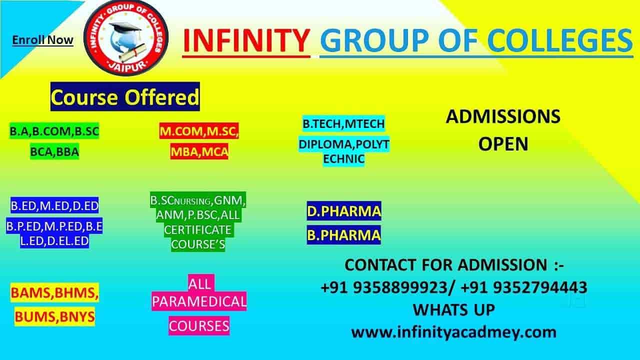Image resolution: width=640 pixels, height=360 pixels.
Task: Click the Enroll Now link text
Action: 42,40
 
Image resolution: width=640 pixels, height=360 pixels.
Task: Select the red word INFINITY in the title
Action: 246,40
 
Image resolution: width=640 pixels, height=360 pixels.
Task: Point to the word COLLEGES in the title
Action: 559,40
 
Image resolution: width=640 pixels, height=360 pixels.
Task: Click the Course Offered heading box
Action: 125,96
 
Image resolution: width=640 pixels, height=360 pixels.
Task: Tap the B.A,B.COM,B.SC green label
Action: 54,131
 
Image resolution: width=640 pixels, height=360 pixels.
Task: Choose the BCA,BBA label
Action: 54,151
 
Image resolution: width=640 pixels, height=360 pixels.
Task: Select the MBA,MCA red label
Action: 199,151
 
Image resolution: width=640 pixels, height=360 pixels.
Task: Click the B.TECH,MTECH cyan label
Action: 343,123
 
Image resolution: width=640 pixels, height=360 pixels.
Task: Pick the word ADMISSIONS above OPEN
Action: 503,116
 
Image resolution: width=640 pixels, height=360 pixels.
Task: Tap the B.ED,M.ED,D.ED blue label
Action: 54,205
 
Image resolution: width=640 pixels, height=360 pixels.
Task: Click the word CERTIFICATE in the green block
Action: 197,229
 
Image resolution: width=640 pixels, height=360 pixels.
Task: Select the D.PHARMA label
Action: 344,211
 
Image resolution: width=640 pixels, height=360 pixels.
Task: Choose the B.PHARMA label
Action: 344,235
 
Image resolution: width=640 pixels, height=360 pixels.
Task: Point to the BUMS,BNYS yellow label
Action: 54,316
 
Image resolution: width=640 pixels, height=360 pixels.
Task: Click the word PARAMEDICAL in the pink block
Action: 199,301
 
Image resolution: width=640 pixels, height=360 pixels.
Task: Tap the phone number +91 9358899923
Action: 384,287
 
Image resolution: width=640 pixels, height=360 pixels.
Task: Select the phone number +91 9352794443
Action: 524,287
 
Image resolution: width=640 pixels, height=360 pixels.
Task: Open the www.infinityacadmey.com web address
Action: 453,332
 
